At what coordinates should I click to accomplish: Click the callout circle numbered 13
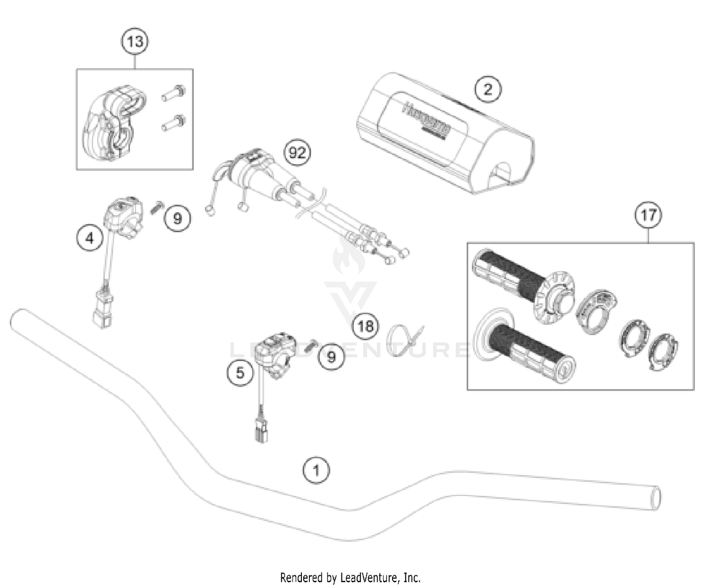[x=135, y=42]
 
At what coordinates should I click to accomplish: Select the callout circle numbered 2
[x=487, y=89]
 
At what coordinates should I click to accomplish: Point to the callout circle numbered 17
[x=648, y=215]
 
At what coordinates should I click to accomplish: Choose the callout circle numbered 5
[x=240, y=373]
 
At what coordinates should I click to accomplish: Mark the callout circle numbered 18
[x=365, y=325]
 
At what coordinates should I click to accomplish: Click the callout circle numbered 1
[x=316, y=470]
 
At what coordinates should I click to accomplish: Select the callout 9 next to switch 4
[x=178, y=218]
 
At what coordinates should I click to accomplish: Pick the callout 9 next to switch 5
[x=331, y=357]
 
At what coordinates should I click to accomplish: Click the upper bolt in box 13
[x=173, y=93]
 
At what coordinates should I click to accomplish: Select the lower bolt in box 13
[x=173, y=123]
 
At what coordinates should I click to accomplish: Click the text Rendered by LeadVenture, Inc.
[x=350, y=578]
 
